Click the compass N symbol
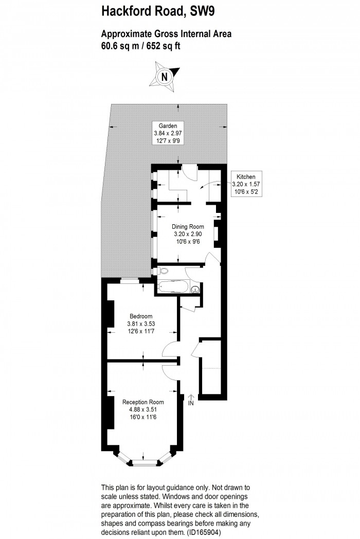pyautogui.click(x=164, y=77)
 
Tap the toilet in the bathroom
pyautogui.click(x=164, y=271)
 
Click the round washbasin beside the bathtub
pyautogui.click(x=195, y=291)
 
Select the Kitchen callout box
pyautogui.click(x=246, y=183)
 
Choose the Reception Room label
pyautogui.click(x=143, y=402)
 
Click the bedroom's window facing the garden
pyautogui.click(x=130, y=280)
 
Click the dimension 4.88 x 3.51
pyautogui.click(x=143, y=410)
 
